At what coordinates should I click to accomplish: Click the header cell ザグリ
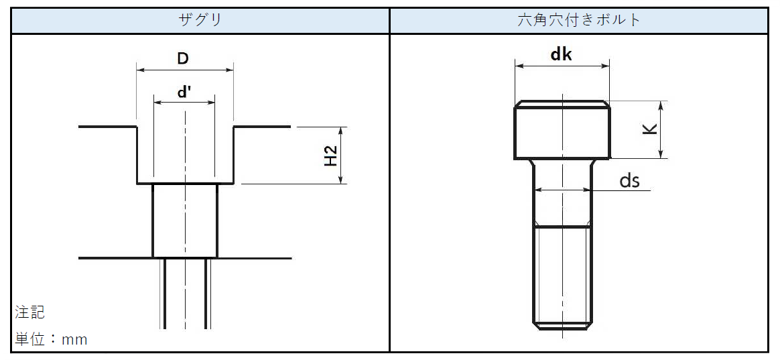click(x=200, y=20)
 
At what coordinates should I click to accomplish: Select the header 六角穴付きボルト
click(x=579, y=20)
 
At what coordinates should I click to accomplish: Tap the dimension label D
click(x=183, y=58)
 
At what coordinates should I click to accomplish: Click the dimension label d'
click(x=184, y=93)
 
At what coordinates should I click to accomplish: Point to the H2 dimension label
click(x=331, y=156)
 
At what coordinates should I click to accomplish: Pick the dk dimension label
click(x=561, y=54)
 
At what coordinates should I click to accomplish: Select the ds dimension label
click(x=629, y=180)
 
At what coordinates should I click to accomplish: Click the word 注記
click(x=30, y=312)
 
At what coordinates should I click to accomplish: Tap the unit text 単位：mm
click(x=51, y=340)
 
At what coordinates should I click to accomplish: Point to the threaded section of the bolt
click(x=562, y=275)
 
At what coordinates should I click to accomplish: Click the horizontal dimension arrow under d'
click(x=184, y=103)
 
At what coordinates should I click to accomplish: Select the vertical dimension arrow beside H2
click(x=342, y=156)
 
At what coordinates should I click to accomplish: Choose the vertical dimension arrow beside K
click(x=661, y=130)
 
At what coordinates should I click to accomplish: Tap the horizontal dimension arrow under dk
click(x=562, y=66)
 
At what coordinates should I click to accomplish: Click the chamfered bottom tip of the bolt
click(x=562, y=327)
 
